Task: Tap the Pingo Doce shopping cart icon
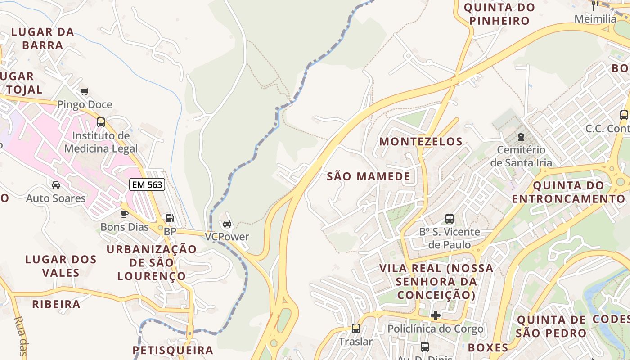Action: click(x=84, y=92)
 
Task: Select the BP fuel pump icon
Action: click(x=170, y=219)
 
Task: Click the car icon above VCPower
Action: click(x=227, y=224)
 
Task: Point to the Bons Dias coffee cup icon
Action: click(x=125, y=214)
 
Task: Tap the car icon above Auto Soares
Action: click(x=56, y=185)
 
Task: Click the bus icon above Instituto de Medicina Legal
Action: click(x=101, y=122)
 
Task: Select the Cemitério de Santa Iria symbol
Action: click(x=521, y=136)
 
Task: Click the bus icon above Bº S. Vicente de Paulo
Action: click(x=449, y=219)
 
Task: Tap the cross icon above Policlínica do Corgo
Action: click(x=435, y=315)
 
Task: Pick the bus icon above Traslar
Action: click(x=356, y=328)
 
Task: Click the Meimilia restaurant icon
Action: click(x=595, y=5)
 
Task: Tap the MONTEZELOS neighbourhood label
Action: click(x=421, y=142)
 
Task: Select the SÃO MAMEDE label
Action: click(x=369, y=176)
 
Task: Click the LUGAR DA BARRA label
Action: click(x=43, y=39)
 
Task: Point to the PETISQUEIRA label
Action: click(x=173, y=350)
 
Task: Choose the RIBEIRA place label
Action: click(x=56, y=304)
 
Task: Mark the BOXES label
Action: click(x=488, y=347)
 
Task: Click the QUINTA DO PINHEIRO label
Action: click(x=499, y=14)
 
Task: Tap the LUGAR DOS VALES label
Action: click(x=61, y=266)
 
